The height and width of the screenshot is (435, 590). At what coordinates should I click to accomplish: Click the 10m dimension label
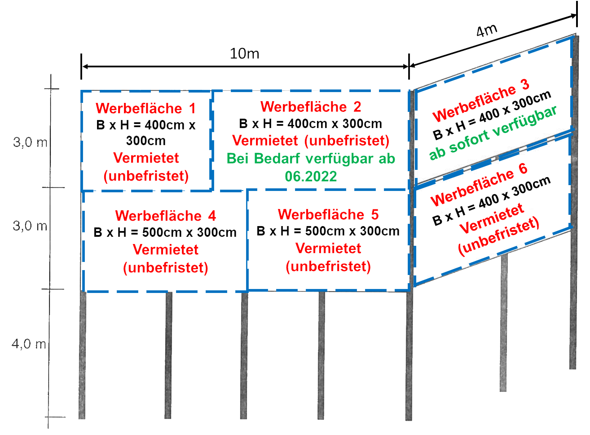245,54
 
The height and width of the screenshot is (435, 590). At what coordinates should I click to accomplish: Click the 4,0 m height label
29,344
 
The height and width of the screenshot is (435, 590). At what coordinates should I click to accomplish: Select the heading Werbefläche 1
145,108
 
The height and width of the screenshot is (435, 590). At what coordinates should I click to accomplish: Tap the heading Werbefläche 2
311,107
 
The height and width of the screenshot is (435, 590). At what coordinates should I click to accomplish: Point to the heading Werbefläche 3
481,101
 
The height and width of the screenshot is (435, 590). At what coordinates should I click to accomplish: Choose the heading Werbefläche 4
165,216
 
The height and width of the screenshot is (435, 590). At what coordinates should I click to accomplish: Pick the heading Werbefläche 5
328,214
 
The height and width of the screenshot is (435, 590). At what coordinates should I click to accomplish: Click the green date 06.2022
311,176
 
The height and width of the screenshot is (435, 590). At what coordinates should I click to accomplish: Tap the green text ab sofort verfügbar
493,133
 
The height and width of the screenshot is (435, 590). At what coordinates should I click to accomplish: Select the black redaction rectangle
520,16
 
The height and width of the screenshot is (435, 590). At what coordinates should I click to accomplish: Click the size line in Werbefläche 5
328,231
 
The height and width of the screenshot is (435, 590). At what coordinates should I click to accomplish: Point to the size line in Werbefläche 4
165,232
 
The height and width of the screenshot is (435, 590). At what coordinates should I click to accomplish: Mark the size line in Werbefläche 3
492,115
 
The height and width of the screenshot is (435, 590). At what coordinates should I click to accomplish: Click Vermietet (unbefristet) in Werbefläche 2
311,141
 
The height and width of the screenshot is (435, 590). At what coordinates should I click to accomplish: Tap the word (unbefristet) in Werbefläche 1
146,176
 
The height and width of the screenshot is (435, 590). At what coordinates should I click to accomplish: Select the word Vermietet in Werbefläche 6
492,218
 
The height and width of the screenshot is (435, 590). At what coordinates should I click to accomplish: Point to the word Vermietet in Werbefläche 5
328,248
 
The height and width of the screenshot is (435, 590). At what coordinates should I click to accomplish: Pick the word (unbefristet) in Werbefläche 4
165,268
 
